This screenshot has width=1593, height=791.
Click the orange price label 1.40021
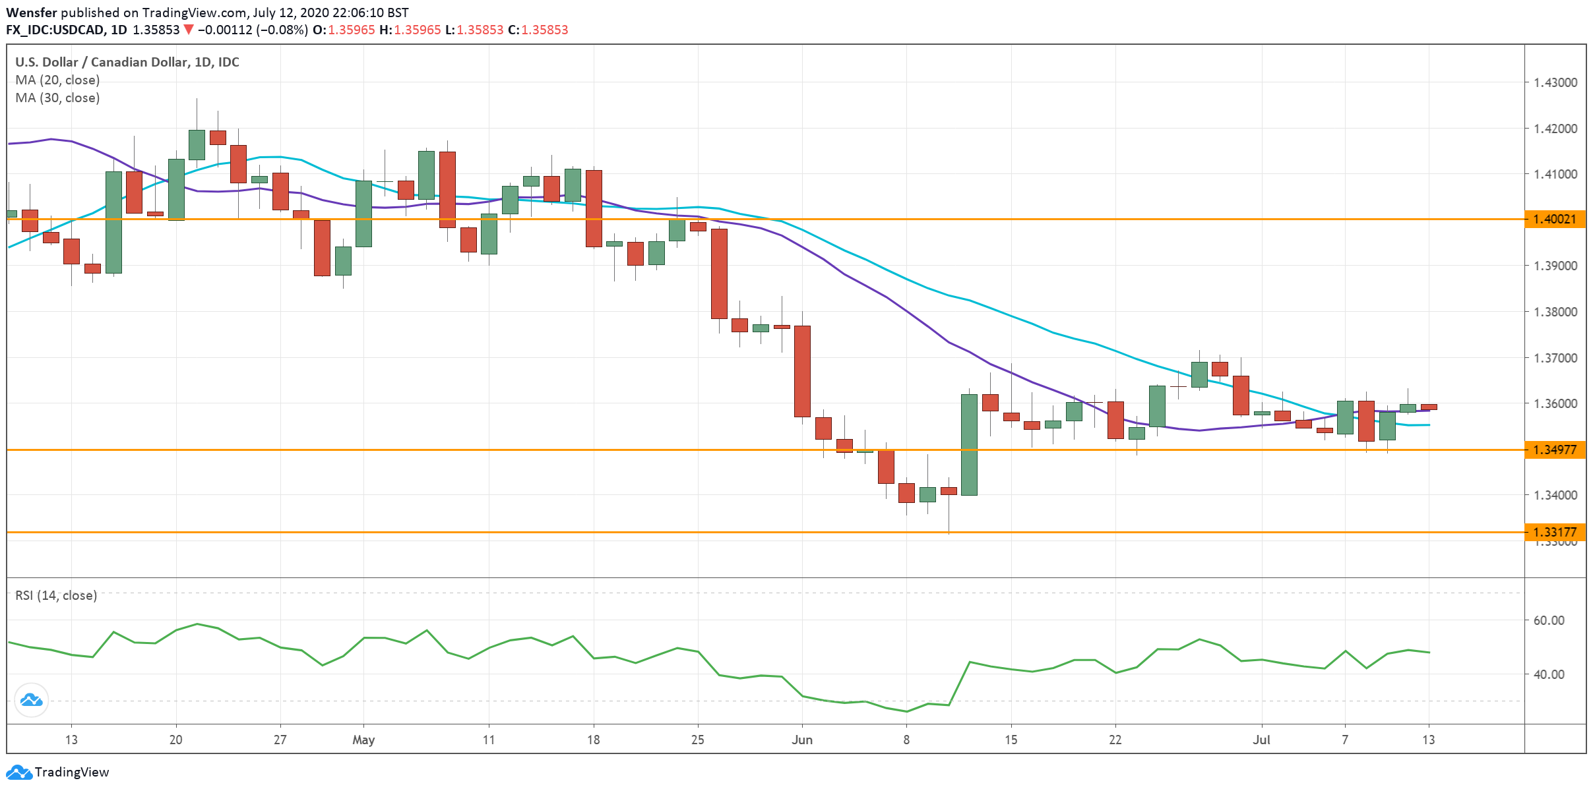click(1554, 219)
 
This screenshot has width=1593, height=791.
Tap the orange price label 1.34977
click(1554, 450)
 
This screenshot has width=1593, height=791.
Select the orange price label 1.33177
click(1554, 532)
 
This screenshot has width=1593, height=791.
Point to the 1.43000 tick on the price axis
click(1555, 82)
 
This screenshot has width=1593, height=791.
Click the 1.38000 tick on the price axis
click(1555, 312)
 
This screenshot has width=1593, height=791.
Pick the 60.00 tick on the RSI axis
click(1549, 620)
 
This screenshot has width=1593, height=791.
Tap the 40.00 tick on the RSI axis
click(1549, 674)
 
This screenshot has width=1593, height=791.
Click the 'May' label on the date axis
click(363, 740)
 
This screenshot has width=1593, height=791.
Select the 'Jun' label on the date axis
click(802, 740)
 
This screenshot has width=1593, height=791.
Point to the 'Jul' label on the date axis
click(1261, 740)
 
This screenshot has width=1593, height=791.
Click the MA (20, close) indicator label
click(57, 80)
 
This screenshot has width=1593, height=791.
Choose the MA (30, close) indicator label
click(57, 98)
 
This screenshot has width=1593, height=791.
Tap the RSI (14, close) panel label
click(56, 595)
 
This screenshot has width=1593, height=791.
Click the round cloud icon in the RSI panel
click(31, 699)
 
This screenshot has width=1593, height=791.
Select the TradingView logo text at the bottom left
click(71, 772)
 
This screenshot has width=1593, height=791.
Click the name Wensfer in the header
click(32, 13)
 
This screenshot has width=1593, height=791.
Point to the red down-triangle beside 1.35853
click(189, 30)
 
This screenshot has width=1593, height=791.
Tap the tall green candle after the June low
click(969, 445)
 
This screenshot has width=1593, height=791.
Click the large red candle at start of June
click(802, 371)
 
